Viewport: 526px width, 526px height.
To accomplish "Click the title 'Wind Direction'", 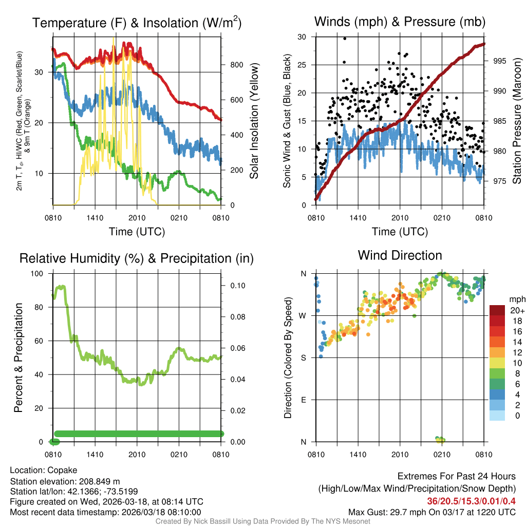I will (x=400, y=255).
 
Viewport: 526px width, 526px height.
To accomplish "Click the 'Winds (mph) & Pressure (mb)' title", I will (x=400, y=22).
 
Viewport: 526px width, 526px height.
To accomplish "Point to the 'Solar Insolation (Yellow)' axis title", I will (x=254, y=121).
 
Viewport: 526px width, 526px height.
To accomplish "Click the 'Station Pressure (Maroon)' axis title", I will (x=517, y=121).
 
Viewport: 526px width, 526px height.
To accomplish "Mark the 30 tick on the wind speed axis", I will (x=302, y=37).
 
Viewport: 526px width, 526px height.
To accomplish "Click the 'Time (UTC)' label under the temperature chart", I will (x=137, y=232).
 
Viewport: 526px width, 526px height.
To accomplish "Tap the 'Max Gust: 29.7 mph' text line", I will (x=431, y=512).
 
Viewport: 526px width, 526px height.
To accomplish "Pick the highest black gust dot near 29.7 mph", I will (x=345, y=38).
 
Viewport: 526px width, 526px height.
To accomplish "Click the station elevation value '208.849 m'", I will (x=99, y=481).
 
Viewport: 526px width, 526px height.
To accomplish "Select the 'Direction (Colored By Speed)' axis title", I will (x=288, y=357).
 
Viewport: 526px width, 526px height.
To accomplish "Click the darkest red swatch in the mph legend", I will (x=497, y=310).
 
